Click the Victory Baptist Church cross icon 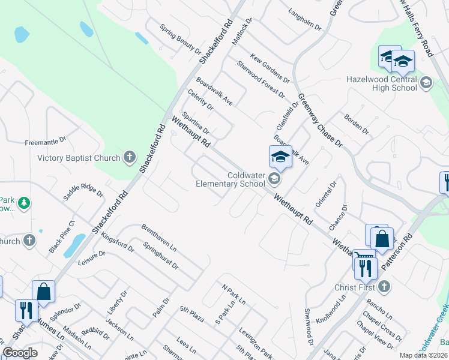pyautogui.click(x=129, y=158)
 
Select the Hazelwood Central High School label pyautogui.click(x=382, y=83)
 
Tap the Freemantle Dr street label pyautogui.click(x=45, y=142)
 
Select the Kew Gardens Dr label pyautogui.click(x=270, y=68)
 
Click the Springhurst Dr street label pyautogui.click(x=161, y=256)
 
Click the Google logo pyautogui.click(x=20, y=353)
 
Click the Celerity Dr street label pyautogui.click(x=200, y=99)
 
